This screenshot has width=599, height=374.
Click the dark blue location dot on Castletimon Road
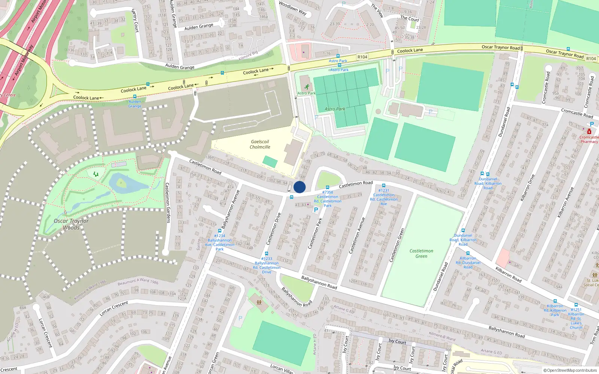tap(299, 187)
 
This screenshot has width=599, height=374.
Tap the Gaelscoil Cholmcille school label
tap(260, 144)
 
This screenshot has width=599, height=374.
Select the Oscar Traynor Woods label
tap(71, 224)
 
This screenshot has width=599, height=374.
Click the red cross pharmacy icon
tap(589, 132)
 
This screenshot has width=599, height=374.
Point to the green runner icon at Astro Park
tap(307, 87)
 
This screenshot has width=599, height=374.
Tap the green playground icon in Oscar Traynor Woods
tap(96, 174)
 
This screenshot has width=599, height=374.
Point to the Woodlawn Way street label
tap(293, 9)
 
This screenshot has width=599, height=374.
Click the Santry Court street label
tap(135, 20)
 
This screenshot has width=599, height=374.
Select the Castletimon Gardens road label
tap(168, 203)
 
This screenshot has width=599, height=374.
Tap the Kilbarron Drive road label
tap(527, 188)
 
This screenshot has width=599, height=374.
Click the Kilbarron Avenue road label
tap(566, 202)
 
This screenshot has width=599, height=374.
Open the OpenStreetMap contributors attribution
tap(570, 370)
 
